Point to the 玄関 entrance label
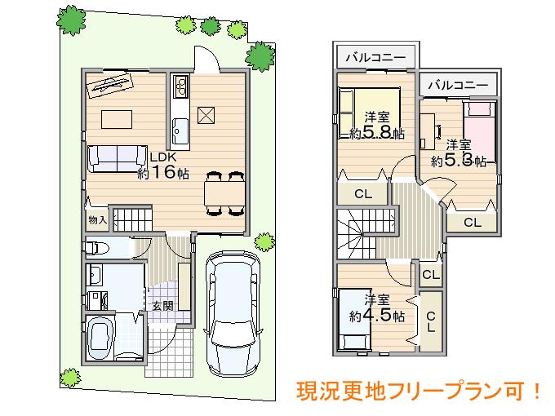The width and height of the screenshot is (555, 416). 162,307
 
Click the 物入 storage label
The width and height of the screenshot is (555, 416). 97,219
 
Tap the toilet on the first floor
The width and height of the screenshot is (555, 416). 96,248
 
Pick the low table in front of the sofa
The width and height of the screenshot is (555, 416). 117,117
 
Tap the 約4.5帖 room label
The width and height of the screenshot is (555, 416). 376,308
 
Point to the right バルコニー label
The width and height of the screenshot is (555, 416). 457,85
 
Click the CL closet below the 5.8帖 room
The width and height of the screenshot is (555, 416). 363,193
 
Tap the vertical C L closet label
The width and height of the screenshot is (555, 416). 431,322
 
